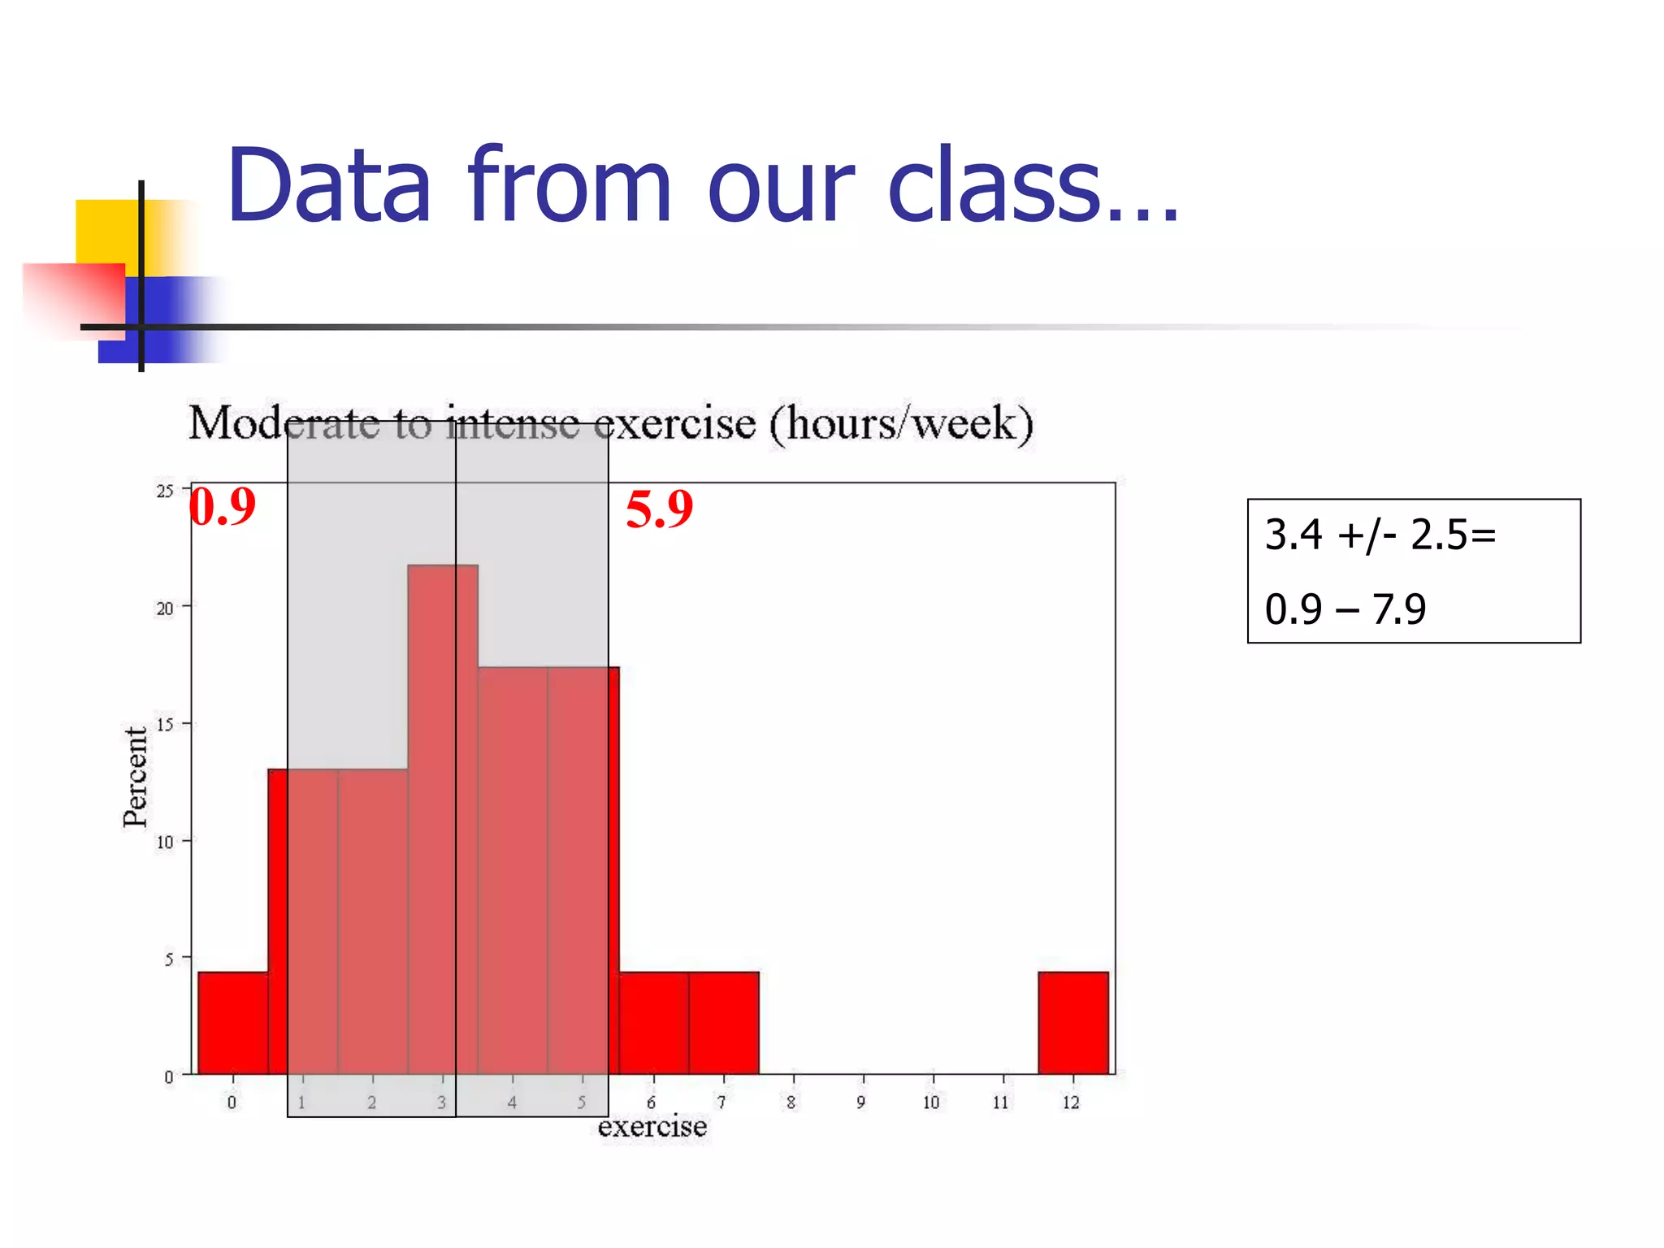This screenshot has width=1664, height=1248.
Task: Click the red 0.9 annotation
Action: pos(222,507)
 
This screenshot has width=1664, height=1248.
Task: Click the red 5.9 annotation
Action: pos(659,509)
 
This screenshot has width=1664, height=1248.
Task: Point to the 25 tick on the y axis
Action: pos(165,491)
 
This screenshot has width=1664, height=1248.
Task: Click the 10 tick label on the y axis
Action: pos(165,843)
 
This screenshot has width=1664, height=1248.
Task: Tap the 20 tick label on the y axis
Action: pos(165,609)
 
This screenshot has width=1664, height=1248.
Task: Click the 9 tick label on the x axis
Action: pos(861,1103)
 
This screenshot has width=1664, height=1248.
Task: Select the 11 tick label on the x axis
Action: pos(1001,1103)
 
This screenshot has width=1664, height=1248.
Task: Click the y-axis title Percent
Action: pos(136,777)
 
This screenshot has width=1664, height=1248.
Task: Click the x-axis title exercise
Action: pos(652,1127)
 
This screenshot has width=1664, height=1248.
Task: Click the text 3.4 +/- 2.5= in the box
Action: pos(1380,535)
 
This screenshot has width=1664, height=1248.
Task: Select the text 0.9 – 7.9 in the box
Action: pos(1345,609)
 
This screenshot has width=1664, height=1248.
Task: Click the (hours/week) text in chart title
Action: pos(900,423)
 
